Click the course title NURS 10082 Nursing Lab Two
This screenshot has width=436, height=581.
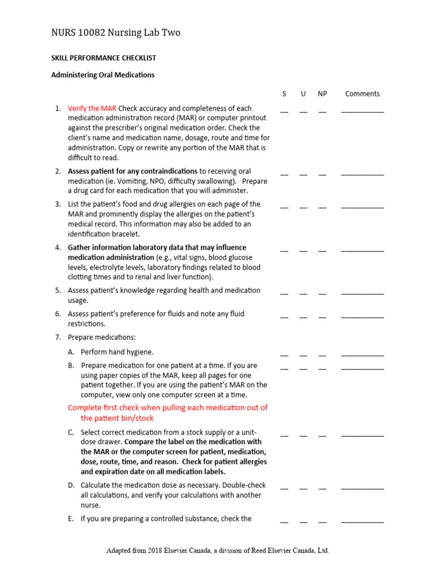pyautogui.click(x=116, y=33)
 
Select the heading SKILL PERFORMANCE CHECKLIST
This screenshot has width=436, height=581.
pyautogui.click(x=104, y=58)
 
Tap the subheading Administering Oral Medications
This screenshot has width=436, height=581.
pyautogui.click(x=103, y=75)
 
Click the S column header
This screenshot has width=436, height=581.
pyautogui.click(x=284, y=94)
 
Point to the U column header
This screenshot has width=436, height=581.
pyautogui.click(x=303, y=94)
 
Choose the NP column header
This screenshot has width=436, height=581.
pyautogui.click(x=322, y=94)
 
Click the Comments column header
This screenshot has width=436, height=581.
pyautogui.click(x=362, y=94)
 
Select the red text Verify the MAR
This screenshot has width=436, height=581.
pyautogui.click(x=92, y=108)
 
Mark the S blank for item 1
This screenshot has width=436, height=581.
pyautogui.click(x=284, y=111)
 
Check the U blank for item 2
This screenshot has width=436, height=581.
pyautogui.click(x=303, y=174)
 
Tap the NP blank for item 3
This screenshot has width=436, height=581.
pyautogui.click(x=322, y=207)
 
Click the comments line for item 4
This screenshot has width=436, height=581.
pyautogui.click(x=362, y=250)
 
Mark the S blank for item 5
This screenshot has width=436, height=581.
pyautogui.click(x=284, y=293)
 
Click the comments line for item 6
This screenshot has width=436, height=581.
pyautogui.click(x=362, y=317)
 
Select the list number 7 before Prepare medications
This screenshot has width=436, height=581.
pyautogui.click(x=57, y=338)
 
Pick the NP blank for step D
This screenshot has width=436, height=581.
pyautogui.click(x=322, y=489)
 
